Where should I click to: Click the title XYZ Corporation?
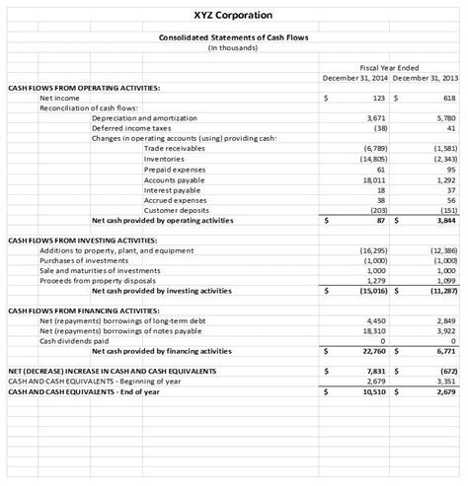tap(234, 15)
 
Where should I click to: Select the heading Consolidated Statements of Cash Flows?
tap(234, 37)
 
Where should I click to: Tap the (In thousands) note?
tap(234, 47)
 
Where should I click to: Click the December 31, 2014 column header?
tap(355, 77)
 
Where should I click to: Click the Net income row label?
tap(59, 98)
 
